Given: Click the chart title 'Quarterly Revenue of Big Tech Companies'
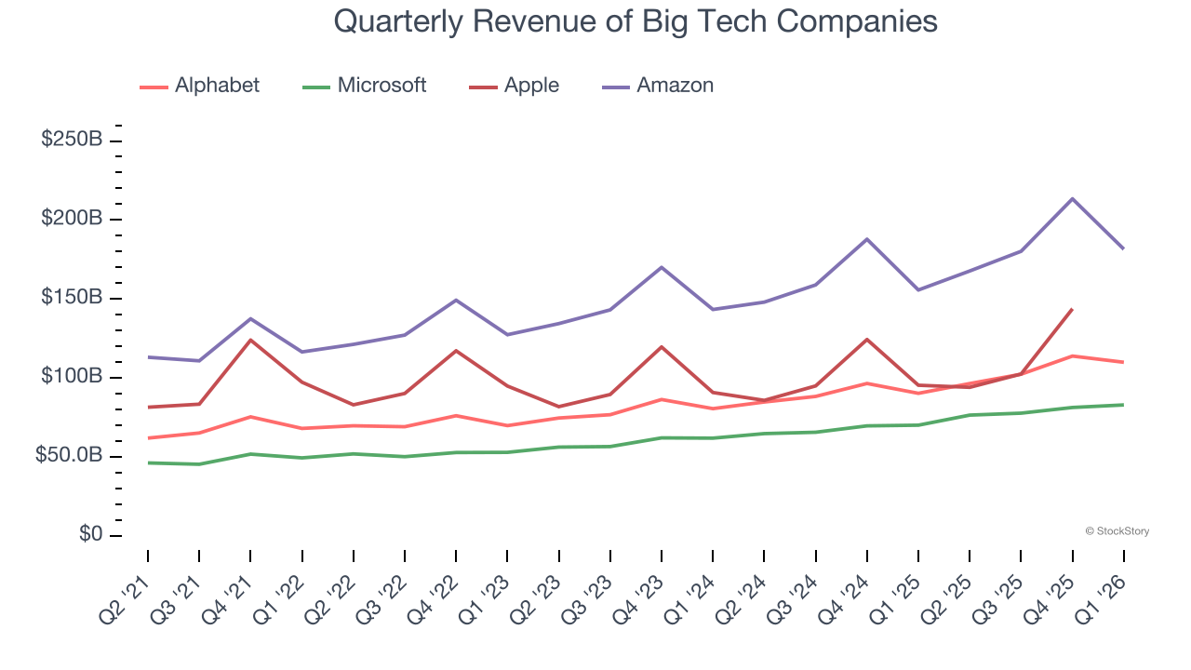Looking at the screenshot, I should (636, 21).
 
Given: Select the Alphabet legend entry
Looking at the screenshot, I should (217, 86).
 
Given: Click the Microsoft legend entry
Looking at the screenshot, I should (381, 86).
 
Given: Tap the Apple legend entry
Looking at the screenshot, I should (531, 86).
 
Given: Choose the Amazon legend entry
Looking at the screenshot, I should (675, 86).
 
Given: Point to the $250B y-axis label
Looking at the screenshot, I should (72, 140).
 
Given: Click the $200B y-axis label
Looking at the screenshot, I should (72, 219).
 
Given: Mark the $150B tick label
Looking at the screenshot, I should (72, 298).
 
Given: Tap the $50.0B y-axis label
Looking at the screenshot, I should (68, 456).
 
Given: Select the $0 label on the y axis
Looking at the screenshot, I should (89, 535).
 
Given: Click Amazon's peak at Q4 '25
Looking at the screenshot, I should (1072, 198).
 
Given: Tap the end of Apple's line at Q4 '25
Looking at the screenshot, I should (1072, 309).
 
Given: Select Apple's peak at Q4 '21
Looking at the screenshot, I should (250, 340).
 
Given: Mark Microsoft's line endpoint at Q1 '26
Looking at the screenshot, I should (1123, 405).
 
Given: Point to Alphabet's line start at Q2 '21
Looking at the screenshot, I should (148, 437).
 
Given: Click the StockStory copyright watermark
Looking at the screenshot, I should (1117, 531).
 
